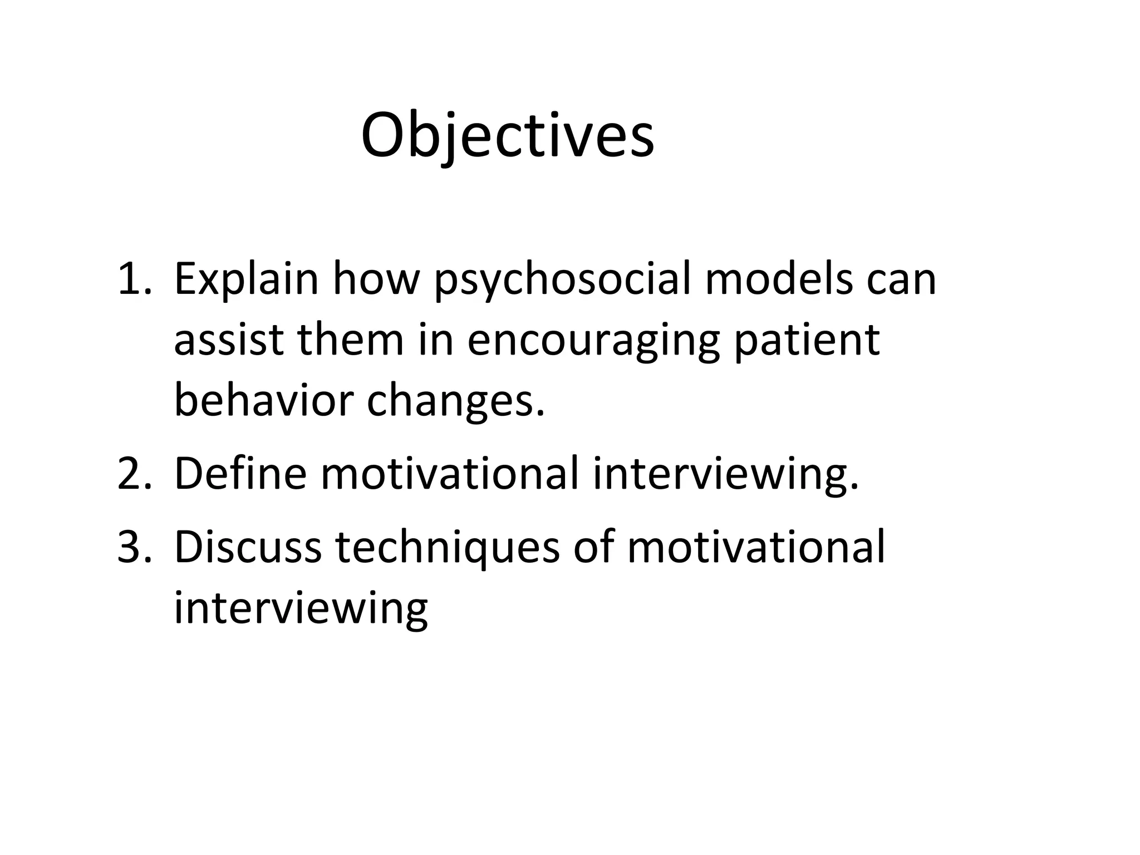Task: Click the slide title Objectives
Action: point(507,136)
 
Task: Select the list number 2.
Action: point(134,473)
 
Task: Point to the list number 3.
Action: point(134,547)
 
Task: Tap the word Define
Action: point(240,473)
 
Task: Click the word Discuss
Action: point(248,547)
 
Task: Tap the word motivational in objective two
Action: point(450,473)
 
